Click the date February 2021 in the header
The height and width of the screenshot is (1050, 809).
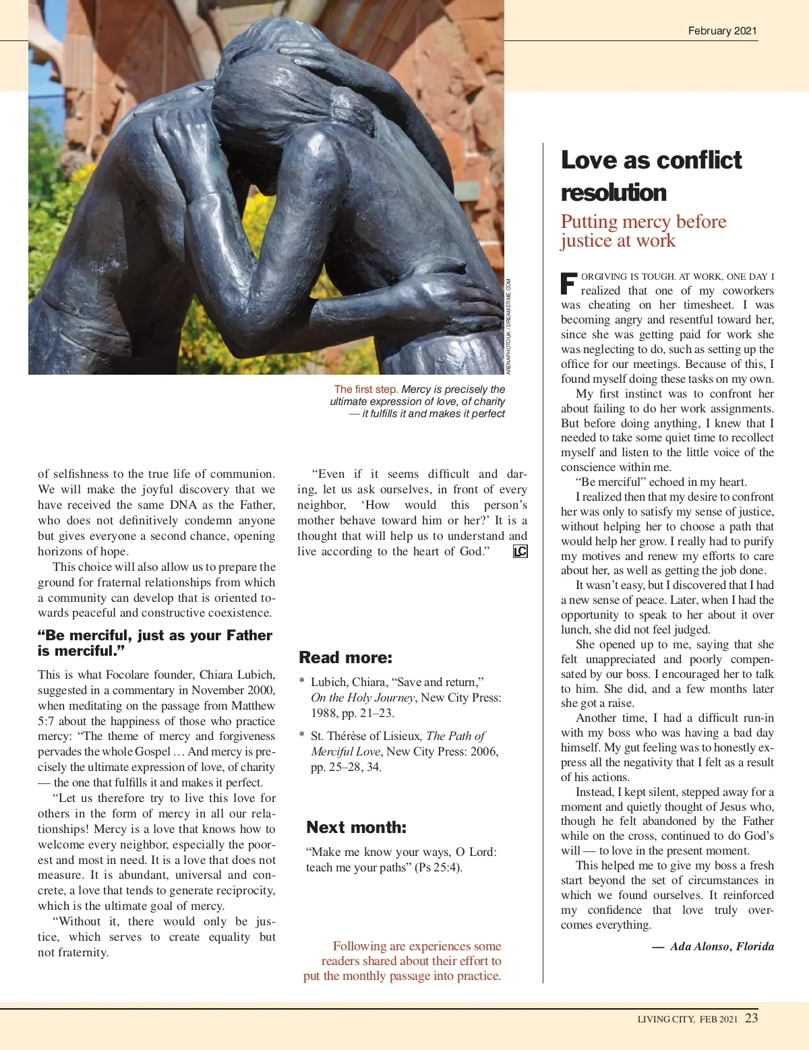click(722, 31)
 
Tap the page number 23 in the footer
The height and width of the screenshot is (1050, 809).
click(751, 1018)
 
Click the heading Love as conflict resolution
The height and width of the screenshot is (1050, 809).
click(651, 176)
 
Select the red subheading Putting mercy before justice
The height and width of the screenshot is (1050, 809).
click(643, 231)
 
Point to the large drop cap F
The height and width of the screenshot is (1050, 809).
click(569, 283)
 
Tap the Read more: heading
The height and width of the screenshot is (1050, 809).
click(345, 658)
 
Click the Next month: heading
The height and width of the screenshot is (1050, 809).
click(356, 828)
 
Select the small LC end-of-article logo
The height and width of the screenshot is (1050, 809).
click(520, 552)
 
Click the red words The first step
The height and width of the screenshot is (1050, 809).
click(365, 390)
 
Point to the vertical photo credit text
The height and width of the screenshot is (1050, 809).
click(509, 327)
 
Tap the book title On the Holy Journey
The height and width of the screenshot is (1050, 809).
click(362, 698)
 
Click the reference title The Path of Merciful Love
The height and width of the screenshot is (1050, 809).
click(404, 743)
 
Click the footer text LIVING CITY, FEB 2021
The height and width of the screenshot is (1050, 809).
click(688, 1019)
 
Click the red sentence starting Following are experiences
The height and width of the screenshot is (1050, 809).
click(402, 961)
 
